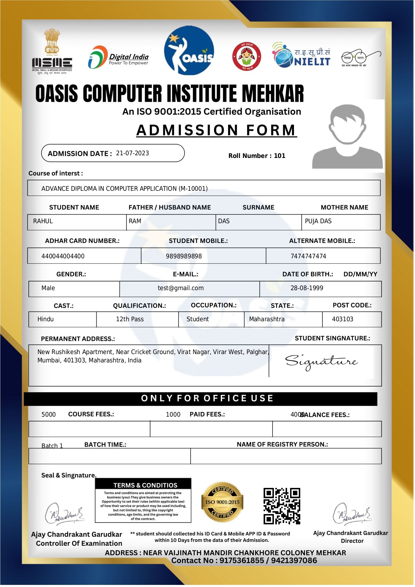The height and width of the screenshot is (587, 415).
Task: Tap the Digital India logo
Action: [118, 58]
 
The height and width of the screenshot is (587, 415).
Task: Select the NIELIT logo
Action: [301, 55]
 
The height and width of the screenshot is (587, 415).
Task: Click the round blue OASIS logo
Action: [189, 50]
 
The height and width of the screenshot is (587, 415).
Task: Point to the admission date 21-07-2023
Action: [132, 153]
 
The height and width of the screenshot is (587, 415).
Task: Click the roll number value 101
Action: [280, 156]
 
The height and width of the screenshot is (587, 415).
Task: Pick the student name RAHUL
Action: [43, 221]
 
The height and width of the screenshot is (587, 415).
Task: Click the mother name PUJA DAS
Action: [318, 221]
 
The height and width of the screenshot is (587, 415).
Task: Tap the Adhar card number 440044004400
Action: [63, 256]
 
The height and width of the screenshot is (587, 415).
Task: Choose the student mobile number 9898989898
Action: [184, 256]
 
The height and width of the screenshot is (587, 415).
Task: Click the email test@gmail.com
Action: [181, 288]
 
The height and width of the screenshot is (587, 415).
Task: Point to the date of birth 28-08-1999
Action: [307, 288]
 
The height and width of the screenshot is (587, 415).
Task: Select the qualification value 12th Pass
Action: [130, 319]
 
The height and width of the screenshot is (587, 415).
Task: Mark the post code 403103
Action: [342, 319]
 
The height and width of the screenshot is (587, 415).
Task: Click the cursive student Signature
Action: [321, 362]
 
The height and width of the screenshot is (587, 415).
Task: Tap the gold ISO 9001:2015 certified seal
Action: [222, 502]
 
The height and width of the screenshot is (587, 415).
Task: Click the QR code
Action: [282, 506]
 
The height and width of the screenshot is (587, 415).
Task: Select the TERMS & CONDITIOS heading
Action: [145, 485]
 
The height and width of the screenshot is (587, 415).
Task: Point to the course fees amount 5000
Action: [48, 415]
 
